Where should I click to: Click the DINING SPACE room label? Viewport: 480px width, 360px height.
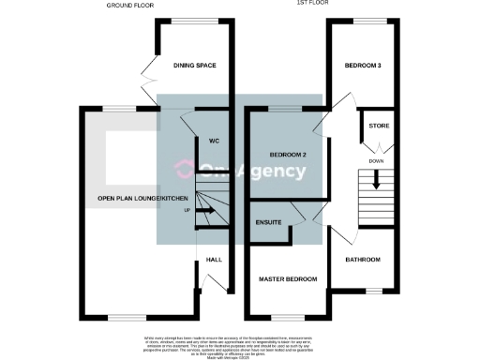click(195, 66)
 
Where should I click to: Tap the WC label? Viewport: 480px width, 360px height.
click(214, 142)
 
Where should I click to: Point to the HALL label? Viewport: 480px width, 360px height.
click(213, 260)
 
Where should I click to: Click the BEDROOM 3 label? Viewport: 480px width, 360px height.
click(362, 67)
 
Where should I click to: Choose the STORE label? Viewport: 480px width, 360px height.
click(379, 125)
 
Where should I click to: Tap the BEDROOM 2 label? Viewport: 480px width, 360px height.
click(289, 154)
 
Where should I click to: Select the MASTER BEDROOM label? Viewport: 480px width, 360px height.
click(288, 278)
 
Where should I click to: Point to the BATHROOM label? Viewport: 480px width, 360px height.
click(362, 260)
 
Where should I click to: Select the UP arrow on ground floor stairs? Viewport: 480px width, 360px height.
click(209, 210)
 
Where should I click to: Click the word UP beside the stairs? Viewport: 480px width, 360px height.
click(187, 210)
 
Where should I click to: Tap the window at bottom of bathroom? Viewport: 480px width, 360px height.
click(374, 292)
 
